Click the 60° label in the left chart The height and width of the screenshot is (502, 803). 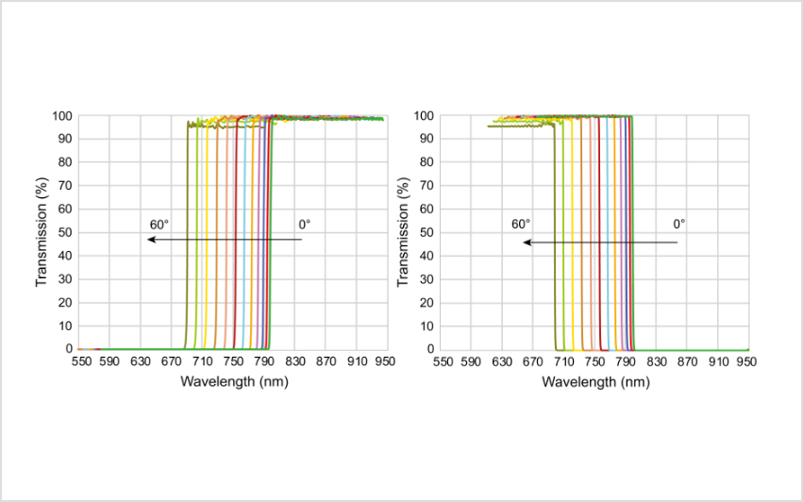click(x=159, y=225)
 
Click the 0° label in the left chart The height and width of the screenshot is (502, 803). click(x=304, y=225)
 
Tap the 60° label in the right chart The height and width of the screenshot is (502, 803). click(x=521, y=225)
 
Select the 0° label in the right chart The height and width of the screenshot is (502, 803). click(x=679, y=225)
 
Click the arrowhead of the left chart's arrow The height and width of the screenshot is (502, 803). click(x=151, y=240)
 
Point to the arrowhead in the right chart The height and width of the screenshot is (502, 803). click(x=527, y=243)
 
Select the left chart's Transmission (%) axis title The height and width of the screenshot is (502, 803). click(x=42, y=232)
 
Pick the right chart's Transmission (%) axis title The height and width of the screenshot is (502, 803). click(x=403, y=232)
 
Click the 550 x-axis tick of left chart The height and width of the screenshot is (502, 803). click(x=80, y=361)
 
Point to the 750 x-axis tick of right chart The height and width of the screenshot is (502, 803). click(x=595, y=361)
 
